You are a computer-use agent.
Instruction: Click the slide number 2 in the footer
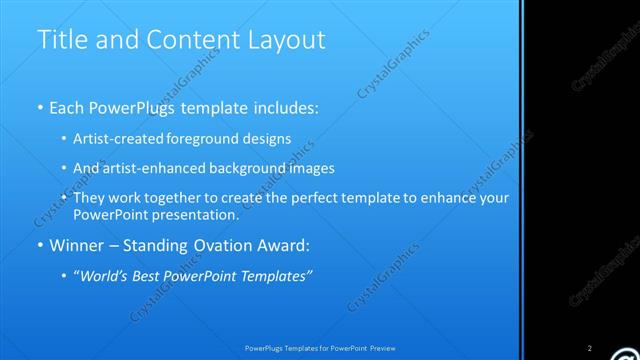point(590,348)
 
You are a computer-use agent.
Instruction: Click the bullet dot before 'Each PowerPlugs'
point(40,106)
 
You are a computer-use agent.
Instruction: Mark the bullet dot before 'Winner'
point(40,245)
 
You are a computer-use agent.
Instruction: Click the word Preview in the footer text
point(383,348)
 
